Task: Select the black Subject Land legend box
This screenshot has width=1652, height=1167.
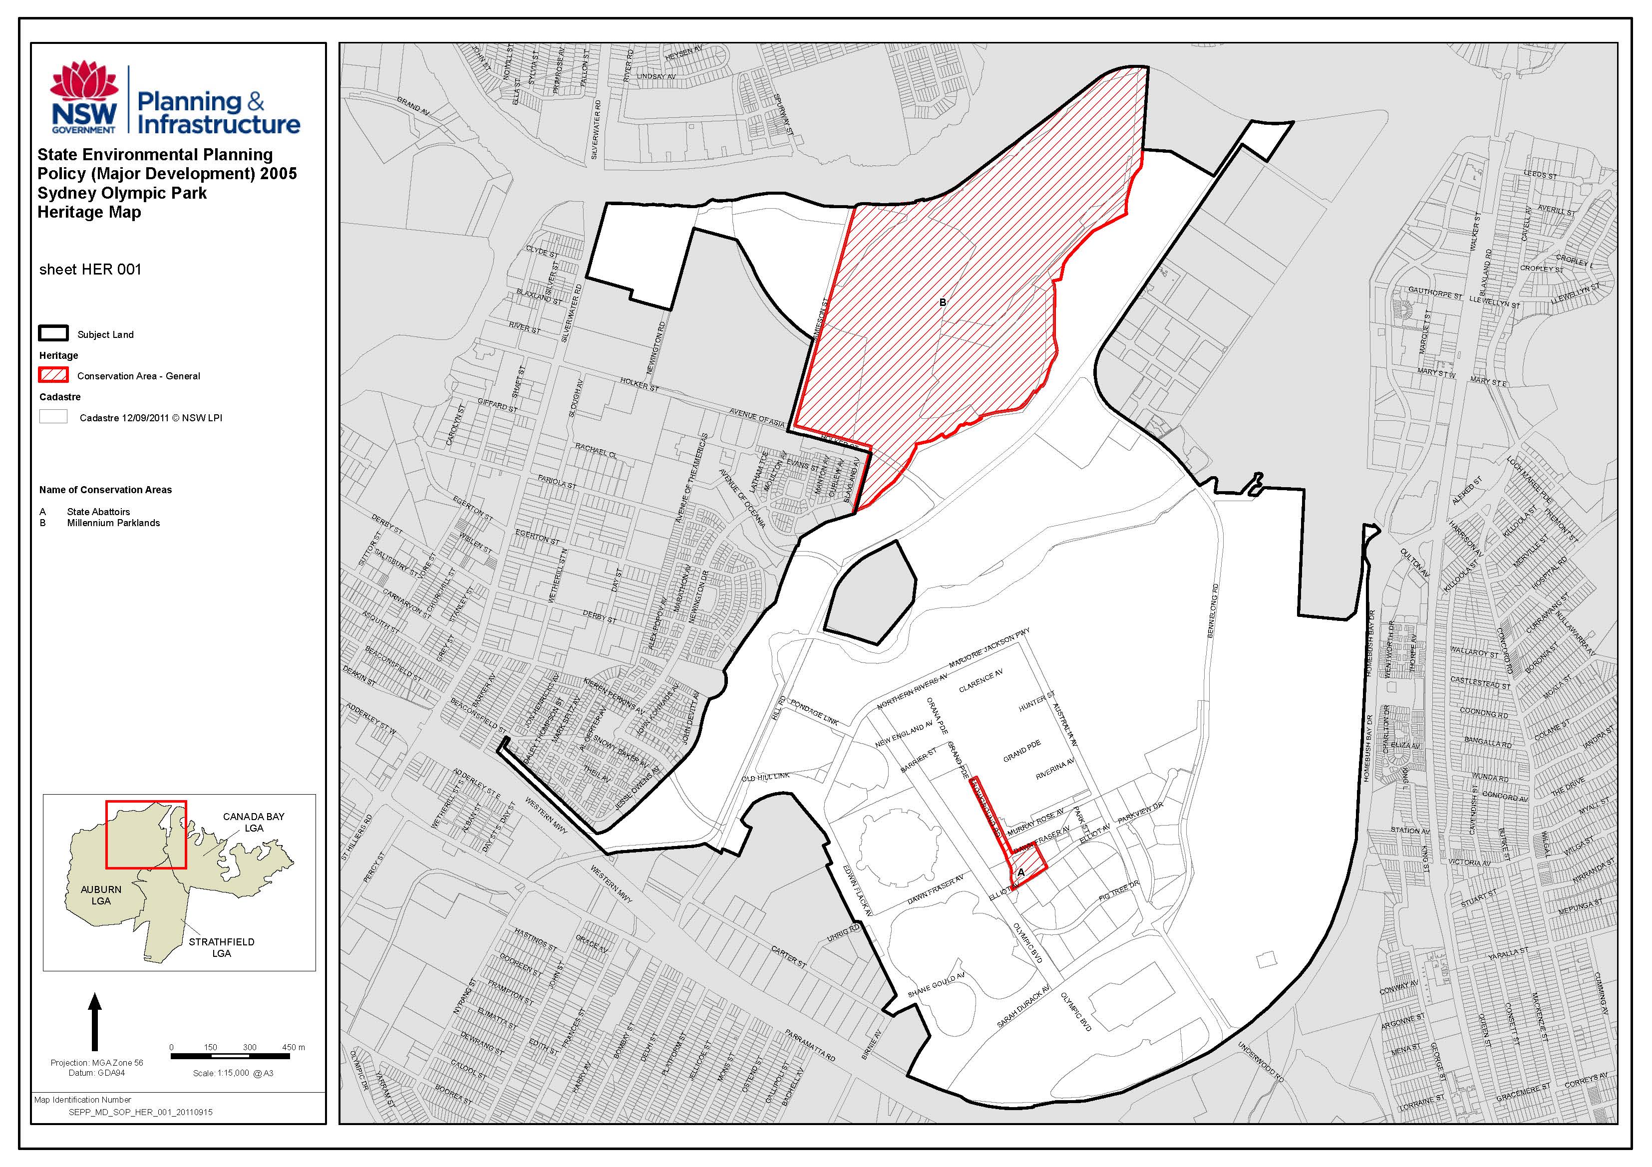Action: pyautogui.click(x=53, y=333)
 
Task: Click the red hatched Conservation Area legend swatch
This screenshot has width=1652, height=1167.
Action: pyautogui.click(x=53, y=375)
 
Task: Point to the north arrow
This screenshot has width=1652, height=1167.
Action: pyautogui.click(x=94, y=1022)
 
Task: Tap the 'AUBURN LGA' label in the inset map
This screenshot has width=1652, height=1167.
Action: pyautogui.click(x=101, y=895)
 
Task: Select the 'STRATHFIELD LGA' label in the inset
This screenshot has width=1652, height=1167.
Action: pyautogui.click(x=222, y=947)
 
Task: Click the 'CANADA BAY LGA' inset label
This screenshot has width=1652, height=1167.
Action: pyautogui.click(x=253, y=822)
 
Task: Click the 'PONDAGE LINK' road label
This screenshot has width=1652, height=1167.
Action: pyautogui.click(x=814, y=712)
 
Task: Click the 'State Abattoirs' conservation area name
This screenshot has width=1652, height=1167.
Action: pyautogui.click(x=98, y=512)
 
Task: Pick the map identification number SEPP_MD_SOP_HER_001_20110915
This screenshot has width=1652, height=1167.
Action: pyautogui.click(x=140, y=1112)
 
